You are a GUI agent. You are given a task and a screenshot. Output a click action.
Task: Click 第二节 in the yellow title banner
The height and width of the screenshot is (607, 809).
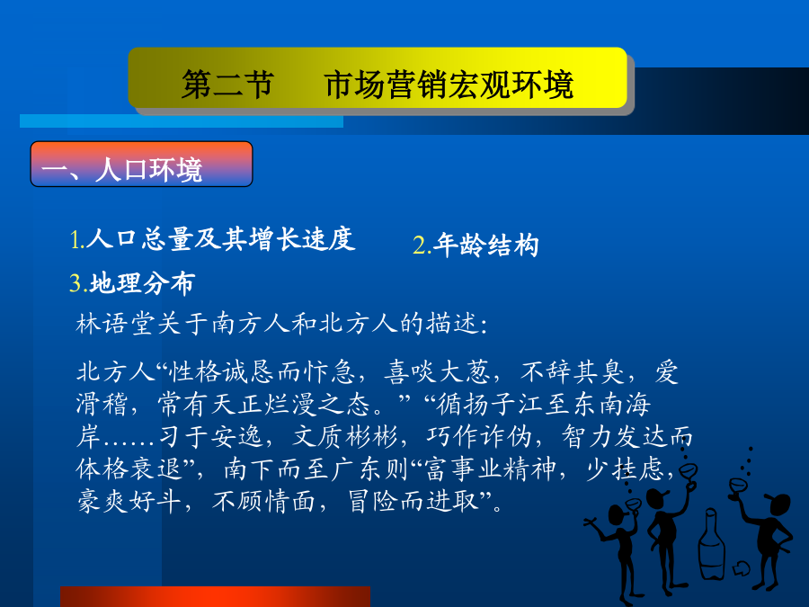[x=227, y=85]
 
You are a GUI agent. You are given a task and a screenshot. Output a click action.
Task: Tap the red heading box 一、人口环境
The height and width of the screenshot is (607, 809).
[x=141, y=164]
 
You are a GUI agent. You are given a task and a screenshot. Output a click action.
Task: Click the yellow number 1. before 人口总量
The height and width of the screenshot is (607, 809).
[x=77, y=239]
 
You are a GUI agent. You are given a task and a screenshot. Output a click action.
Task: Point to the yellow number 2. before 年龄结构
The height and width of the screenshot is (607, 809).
[x=422, y=245]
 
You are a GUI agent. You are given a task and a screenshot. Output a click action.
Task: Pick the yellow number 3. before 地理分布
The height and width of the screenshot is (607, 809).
[x=79, y=283]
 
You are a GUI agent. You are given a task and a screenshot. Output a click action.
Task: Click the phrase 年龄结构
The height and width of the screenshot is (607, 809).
[x=486, y=245]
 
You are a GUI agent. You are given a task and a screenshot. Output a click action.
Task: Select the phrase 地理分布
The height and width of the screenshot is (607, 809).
[x=142, y=283]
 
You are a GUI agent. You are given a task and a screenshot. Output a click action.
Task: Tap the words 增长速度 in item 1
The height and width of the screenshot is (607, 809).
[x=302, y=239]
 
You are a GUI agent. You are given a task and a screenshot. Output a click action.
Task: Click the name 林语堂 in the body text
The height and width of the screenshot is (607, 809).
[x=116, y=324]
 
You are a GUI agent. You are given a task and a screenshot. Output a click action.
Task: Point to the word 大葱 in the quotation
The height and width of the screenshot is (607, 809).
[x=465, y=371]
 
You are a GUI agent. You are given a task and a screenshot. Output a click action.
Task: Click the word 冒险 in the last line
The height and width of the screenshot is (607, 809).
[x=372, y=501]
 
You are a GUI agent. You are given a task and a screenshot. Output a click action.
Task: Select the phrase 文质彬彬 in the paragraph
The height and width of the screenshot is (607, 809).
[x=345, y=437]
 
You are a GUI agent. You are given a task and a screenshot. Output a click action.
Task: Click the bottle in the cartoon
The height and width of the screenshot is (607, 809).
[x=712, y=544]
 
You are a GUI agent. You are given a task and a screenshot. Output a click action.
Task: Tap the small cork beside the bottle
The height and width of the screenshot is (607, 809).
[x=742, y=567]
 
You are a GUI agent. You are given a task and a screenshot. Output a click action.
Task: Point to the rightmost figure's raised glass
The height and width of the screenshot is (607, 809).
[x=738, y=487]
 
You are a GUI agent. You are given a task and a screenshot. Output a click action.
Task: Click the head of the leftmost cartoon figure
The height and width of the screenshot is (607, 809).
[x=617, y=514]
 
